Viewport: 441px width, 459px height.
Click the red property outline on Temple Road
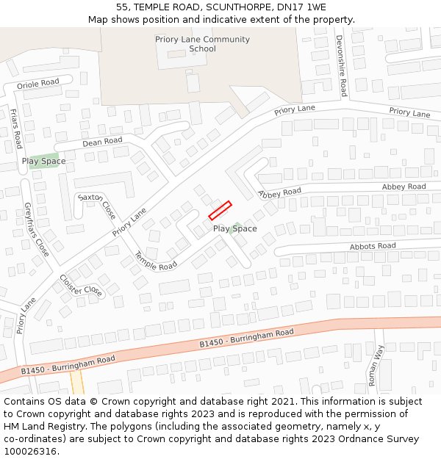220,210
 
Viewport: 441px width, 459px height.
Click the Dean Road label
102,141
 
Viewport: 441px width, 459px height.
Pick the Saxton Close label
97,207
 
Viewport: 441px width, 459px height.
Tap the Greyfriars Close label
37,229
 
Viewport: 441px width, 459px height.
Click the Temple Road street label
155,261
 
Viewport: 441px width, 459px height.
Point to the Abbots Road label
373,246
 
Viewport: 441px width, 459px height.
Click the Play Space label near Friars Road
43,161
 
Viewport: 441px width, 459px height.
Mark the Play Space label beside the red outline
235,228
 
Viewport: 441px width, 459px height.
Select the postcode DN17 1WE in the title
301,7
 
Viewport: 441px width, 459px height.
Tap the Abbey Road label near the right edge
404,187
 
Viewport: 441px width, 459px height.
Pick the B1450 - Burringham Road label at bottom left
68,365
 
